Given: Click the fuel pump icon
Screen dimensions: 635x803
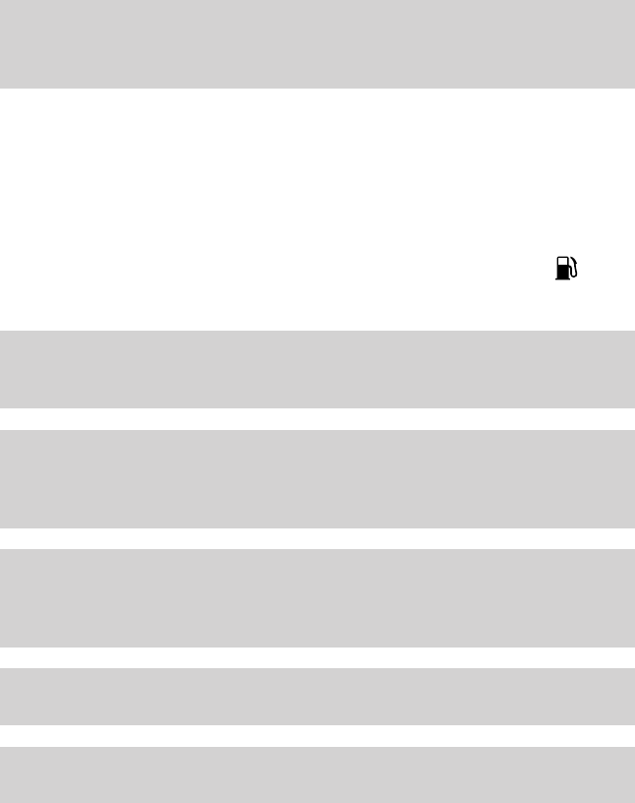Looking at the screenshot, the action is (566, 268).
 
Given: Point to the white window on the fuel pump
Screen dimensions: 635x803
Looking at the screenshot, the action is (563, 263).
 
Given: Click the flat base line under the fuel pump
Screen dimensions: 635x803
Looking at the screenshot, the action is (564, 279).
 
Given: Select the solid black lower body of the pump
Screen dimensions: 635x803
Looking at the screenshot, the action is (563, 273).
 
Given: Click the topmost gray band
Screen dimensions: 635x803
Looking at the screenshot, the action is (317, 44).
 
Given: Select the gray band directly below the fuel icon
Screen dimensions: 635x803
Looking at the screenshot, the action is (317, 369).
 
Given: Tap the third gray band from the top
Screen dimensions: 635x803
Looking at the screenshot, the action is (317, 478).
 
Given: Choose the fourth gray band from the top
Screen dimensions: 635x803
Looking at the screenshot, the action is (317, 597).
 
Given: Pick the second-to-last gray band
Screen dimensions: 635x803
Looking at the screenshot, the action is (317, 696).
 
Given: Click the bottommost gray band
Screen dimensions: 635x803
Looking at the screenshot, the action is (317, 774).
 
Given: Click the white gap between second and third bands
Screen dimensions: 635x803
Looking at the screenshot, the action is (317, 418).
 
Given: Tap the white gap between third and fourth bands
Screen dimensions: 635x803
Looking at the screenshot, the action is (317, 538).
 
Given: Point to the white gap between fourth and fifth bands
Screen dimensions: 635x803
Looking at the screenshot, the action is (317, 657).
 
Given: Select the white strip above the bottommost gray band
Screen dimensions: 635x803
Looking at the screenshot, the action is (317, 736).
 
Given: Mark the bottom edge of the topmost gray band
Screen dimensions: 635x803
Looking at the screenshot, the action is (317, 89).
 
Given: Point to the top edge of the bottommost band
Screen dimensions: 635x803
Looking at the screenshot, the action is (317, 747).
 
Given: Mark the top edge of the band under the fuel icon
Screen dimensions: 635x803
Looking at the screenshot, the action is (317, 331).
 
